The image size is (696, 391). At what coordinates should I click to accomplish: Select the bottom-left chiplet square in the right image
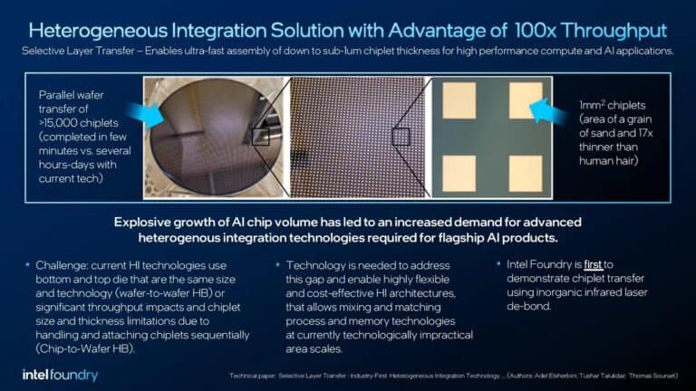point(459,171)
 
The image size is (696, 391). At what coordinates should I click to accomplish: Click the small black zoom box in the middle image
point(401,137)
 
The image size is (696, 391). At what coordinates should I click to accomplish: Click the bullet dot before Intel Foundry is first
point(499,264)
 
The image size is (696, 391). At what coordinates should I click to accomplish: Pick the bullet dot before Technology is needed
point(275,264)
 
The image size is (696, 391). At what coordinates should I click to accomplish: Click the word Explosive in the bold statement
point(149,224)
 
